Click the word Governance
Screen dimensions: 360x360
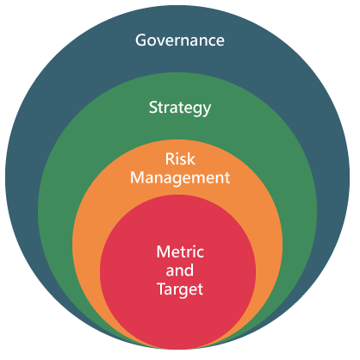(x=180, y=40)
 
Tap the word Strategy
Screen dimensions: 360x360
(x=180, y=109)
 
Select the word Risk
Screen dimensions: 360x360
(x=180, y=158)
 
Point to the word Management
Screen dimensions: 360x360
(x=180, y=178)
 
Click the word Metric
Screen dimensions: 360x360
(x=180, y=251)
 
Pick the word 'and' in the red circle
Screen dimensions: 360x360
(x=180, y=270)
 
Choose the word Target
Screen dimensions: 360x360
(x=180, y=289)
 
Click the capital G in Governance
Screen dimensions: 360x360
(x=140, y=40)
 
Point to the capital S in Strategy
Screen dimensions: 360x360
(x=153, y=108)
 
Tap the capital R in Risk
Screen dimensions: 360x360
(x=170, y=159)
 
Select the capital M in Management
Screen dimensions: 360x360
(x=137, y=177)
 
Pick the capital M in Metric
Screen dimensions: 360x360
(x=164, y=251)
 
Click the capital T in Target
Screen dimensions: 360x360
(x=162, y=289)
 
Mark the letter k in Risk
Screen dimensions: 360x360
(x=191, y=158)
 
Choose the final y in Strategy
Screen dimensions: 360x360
(x=207, y=111)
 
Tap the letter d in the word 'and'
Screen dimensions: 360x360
(x=189, y=270)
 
